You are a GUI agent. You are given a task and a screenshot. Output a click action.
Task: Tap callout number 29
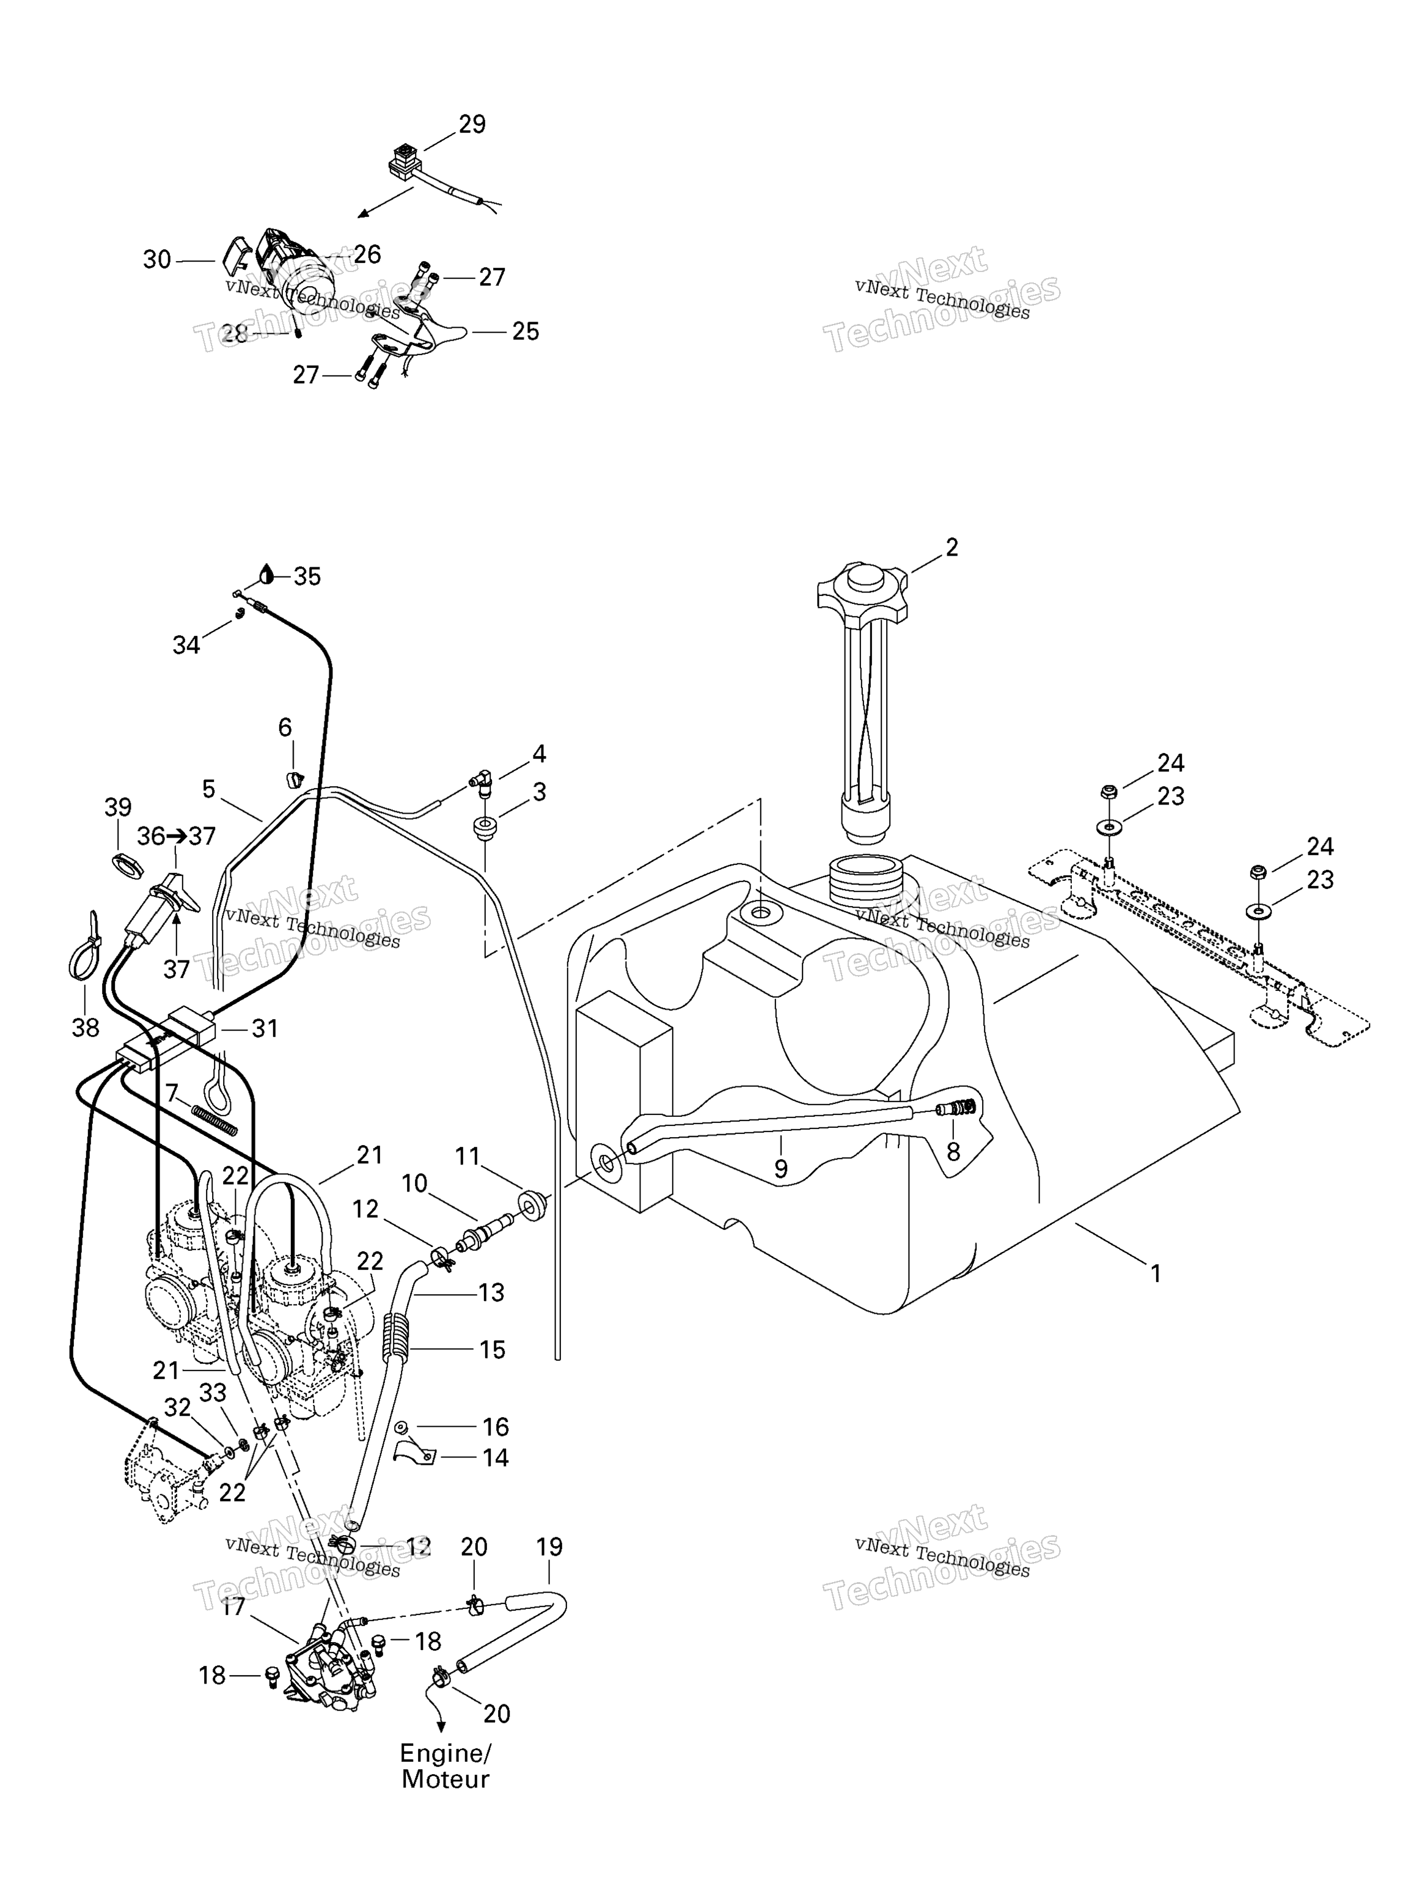(472, 124)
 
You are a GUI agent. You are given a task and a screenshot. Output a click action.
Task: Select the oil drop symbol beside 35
(267, 574)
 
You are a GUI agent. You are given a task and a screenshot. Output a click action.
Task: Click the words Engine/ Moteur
(446, 1766)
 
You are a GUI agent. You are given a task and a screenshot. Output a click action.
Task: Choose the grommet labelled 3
(486, 828)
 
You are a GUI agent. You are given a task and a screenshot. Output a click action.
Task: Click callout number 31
(265, 1028)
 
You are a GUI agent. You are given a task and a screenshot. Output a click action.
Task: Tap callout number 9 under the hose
(781, 1169)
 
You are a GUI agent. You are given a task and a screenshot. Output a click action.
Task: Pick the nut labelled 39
(127, 867)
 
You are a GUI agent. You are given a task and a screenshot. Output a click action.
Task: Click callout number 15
(492, 1350)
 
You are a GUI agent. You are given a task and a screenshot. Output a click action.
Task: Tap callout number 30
(157, 259)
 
